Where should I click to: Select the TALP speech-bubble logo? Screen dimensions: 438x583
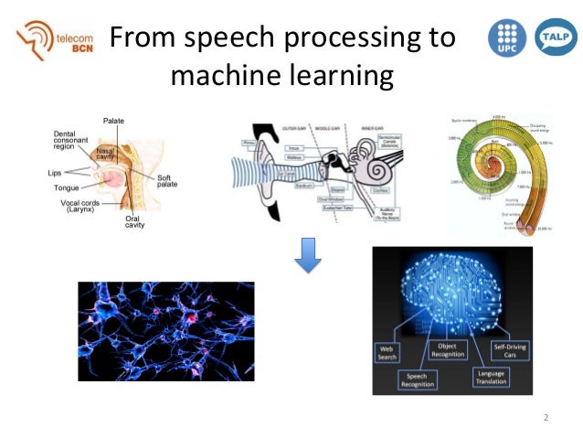tap(551, 38)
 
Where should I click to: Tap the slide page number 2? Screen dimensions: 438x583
tap(546, 418)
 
